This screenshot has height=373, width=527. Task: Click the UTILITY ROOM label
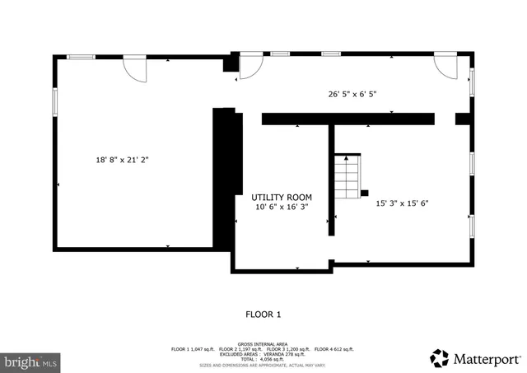282,198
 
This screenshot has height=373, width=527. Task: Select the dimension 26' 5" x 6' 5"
352,94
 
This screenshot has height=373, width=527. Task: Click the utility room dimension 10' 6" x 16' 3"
282,207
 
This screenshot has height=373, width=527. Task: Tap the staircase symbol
348,174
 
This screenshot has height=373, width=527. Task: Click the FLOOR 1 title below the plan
263,314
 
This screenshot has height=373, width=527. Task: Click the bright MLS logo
31,361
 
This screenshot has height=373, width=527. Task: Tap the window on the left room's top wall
81,56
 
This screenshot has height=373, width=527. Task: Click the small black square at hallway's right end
464,119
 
